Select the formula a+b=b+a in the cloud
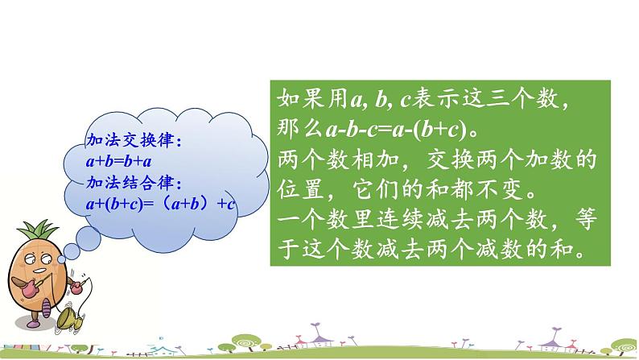118,161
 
